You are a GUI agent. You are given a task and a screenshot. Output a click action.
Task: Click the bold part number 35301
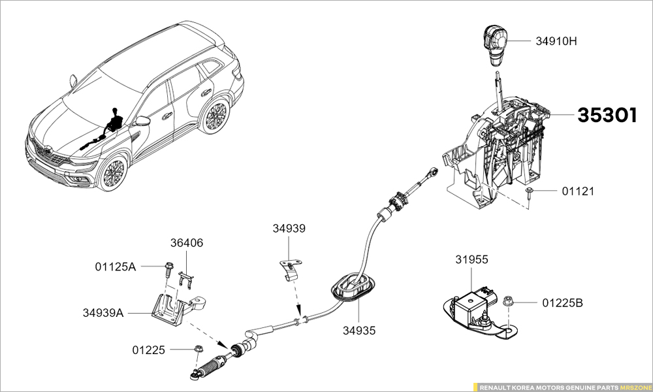[x=607, y=116]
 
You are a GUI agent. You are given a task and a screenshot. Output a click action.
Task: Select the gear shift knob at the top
[x=495, y=46]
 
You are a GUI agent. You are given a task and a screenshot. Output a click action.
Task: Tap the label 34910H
[x=556, y=41]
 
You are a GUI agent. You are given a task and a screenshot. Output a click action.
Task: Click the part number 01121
[x=578, y=191]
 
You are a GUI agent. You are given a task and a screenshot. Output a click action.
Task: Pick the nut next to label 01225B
[x=507, y=301]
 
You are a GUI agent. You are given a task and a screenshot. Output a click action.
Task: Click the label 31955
[x=471, y=259]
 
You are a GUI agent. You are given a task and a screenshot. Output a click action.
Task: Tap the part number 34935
[x=359, y=331]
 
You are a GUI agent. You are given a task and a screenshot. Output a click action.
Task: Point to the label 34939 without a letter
[x=289, y=228]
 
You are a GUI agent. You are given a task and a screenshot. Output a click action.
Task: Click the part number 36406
[x=187, y=243]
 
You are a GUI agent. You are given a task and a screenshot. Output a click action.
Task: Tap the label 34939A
[x=103, y=312]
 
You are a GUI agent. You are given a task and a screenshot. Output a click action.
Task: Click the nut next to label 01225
[x=199, y=348]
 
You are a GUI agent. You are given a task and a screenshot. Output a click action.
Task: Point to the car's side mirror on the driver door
[x=142, y=122]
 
